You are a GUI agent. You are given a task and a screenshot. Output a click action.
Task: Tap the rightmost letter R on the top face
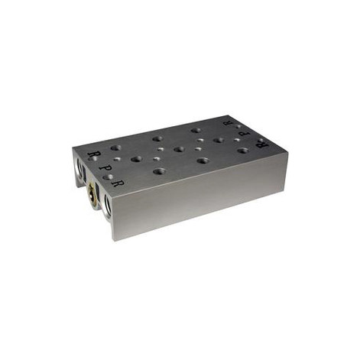[261, 142]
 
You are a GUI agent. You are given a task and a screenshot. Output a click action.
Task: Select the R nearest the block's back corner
[227, 121]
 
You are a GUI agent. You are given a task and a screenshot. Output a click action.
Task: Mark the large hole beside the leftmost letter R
[115, 148]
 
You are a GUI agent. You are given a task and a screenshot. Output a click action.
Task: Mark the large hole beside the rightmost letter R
[243, 151]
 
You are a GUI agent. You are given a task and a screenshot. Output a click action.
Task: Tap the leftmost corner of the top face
[73, 150]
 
